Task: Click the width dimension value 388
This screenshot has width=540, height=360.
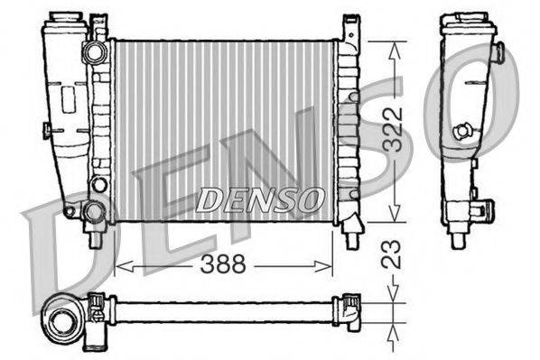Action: point(219,265)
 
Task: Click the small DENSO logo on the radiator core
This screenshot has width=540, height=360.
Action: point(258,198)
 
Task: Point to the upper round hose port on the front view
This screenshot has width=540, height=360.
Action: point(94,52)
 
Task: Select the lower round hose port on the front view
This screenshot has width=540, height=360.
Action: point(94,213)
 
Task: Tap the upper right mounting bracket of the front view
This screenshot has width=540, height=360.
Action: point(350,27)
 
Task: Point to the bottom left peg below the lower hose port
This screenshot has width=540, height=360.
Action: point(94,239)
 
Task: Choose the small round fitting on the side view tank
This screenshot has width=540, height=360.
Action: point(465,131)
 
